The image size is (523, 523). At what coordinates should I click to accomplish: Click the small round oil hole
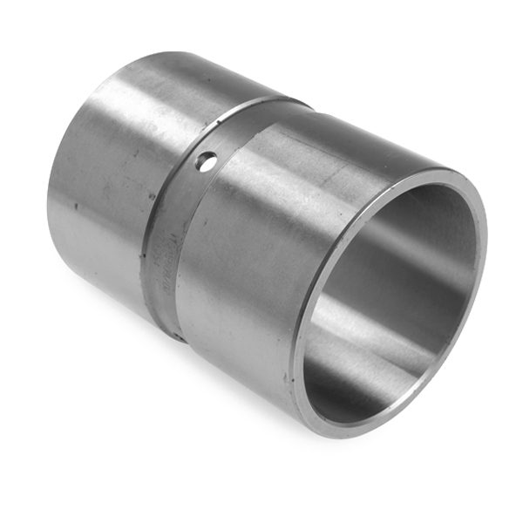(206, 160)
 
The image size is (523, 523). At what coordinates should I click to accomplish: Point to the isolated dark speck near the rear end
(76, 207)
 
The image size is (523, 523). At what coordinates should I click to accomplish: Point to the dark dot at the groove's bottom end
(177, 335)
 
